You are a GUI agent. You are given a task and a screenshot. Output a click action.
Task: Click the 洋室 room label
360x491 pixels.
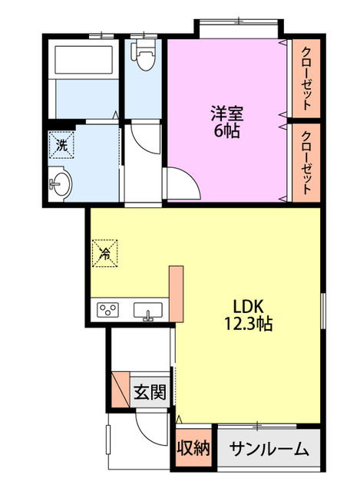coord(227,114)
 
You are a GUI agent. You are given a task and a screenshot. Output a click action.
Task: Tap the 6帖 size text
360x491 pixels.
coord(227,131)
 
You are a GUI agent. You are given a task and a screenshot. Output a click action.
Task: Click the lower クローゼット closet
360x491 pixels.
coord(306,161)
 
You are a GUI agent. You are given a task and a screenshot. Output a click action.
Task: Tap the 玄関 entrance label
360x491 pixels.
coord(149,394)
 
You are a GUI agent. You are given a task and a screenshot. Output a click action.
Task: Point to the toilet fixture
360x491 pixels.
coord(143,55)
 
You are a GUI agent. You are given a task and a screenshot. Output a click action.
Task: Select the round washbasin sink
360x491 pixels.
coord(61,183)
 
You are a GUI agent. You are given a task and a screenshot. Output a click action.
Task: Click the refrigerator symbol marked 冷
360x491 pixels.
coord(104,252)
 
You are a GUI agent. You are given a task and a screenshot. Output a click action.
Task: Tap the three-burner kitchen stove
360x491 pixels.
coord(107,311)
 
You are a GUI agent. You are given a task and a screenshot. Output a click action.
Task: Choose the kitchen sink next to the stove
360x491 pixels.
coord(147,311)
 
